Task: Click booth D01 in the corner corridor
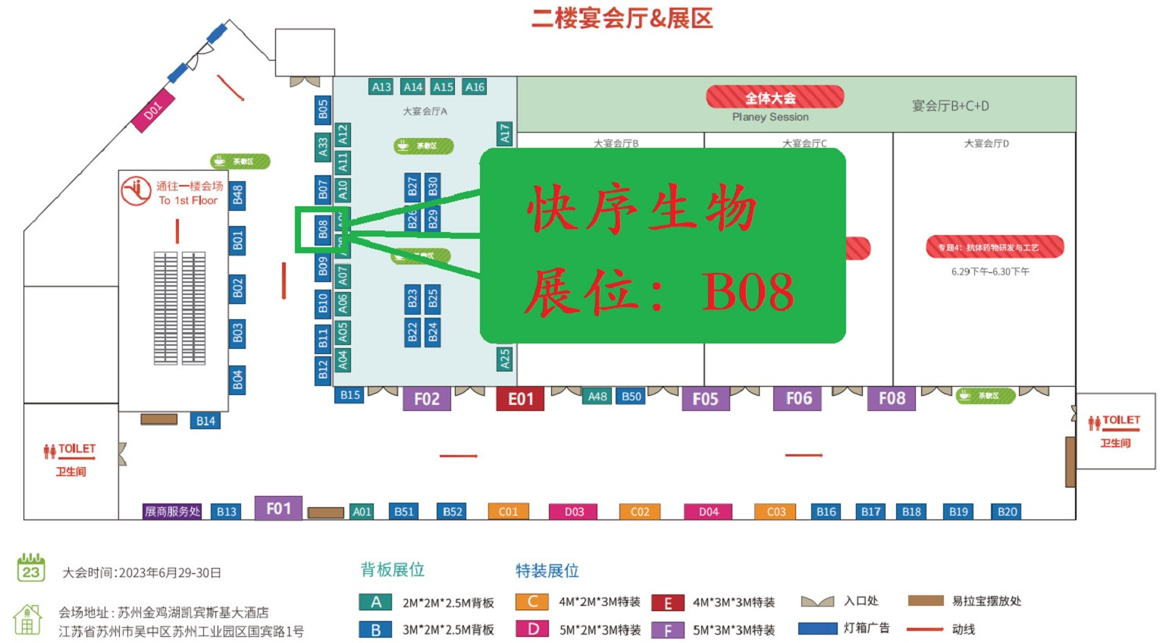pyautogui.click(x=153, y=111)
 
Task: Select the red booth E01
pyautogui.click(x=520, y=399)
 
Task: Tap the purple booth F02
pyautogui.click(x=426, y=399)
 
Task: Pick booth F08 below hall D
pyautogui.click(x=892, y=398)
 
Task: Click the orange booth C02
pyautogui.click(x=640, y=512)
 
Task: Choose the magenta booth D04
pyautogui.click(x=708, y=512)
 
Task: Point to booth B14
pyautogui.click(x=205, y=421)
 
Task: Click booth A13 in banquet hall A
pyautogui.click(x=381, y=87)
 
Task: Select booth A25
pyautogui.click(x=505, y=359)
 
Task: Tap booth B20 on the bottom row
pyautogui.click(x=1007, y=512)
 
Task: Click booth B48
pyautogui.click(x=238, y=195)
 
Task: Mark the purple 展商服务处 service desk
pyautogui.click(x=172, y=512)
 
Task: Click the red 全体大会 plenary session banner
pyautogui.click(x=770, y=98)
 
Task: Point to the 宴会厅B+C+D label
pyautogui.click(x=950, y=106)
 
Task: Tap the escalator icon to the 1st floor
pyautogui.click(x=136, y=191)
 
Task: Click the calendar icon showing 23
pyautogui.click(x=31, y=568)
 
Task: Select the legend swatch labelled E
pyautogui.click(x=668, y=603)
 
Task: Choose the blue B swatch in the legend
pyautogui.click(x=375, y=629)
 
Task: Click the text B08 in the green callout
pyautogui.click(x=748, y=292)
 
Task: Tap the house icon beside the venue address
pyautogui.click(x=27, y=619)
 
